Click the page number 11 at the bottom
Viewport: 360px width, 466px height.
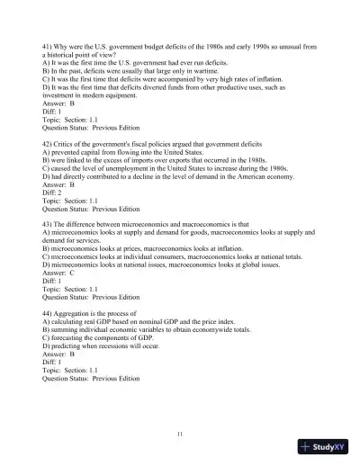coord(181,435)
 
